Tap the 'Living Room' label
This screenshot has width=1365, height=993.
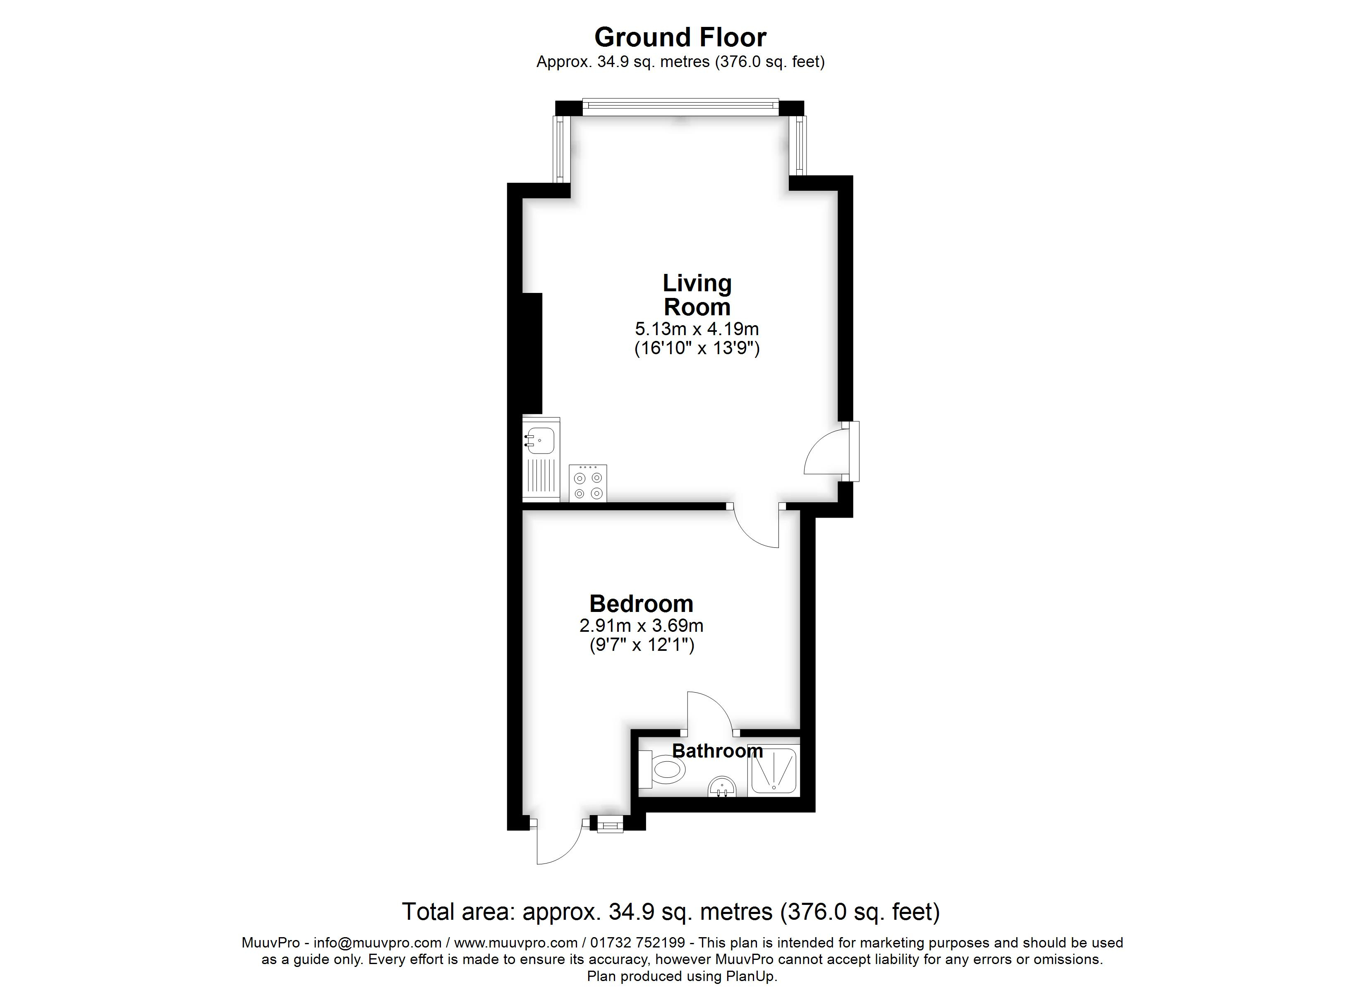coord(697,295)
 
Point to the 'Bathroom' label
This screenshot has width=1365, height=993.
coord(717,751)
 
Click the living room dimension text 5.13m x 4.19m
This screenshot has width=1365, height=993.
coord(697,329)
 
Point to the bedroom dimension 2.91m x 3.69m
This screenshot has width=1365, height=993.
coord(641,626)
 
